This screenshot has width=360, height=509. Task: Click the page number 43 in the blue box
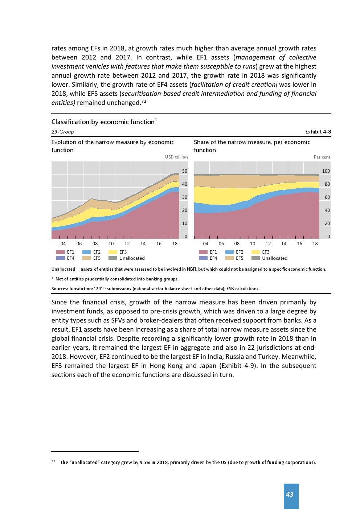tap(290, 494)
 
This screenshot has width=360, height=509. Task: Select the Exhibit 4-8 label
tap(318, 132)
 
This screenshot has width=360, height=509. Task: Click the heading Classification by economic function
tap(103, 122)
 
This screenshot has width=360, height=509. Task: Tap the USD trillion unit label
tap(176, 157)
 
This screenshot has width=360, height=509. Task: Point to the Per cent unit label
tap(322, 157)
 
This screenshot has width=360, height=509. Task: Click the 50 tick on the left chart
tap(185, 171)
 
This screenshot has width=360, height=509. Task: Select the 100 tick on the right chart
tap(326, 171)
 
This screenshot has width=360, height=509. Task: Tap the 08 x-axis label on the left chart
tap(95, 244)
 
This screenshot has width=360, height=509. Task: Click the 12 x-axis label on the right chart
tap(268, 244)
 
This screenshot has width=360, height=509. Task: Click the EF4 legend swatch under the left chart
tap(61, 258)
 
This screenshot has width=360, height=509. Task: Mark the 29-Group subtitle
tap(62, 132)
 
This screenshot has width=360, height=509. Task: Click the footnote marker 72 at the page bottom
tap(53, 461)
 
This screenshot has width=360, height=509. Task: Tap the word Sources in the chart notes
tap(60, 289)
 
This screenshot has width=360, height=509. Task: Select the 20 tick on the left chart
tap(185, 210)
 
